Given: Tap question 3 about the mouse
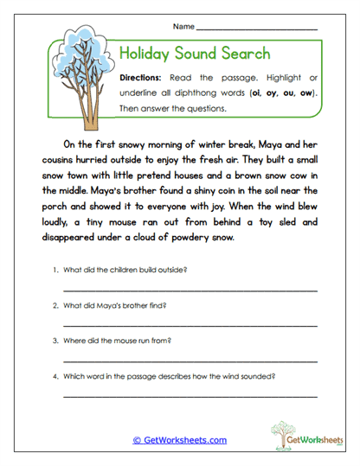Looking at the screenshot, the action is [121, 341].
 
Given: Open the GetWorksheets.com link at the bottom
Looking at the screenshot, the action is [180, 440].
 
